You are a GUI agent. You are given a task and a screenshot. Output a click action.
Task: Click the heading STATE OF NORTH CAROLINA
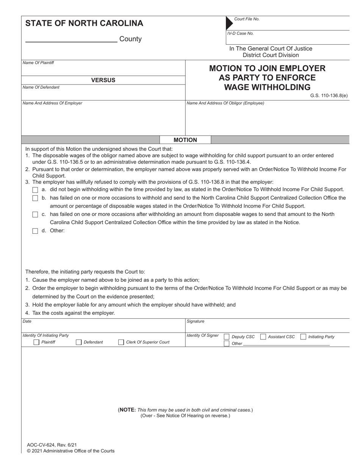[84, 23]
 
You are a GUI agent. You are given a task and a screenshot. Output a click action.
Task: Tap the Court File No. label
[247, 19]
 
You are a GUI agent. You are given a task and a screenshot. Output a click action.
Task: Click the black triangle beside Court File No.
[229, 23]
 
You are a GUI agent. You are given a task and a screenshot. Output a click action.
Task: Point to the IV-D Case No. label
[240, 33]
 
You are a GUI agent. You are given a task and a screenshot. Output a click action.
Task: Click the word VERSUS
[103, 80]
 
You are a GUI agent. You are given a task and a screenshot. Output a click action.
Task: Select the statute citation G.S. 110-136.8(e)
[329, 95]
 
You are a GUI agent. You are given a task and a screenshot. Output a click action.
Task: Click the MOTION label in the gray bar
[185, 140]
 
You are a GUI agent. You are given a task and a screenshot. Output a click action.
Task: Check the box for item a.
[35, 190]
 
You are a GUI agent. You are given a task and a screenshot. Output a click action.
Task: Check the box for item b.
[35, 198]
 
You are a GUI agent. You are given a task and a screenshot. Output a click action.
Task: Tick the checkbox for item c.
[35, 214]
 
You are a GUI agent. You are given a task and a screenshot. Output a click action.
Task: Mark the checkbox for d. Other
[35, 231]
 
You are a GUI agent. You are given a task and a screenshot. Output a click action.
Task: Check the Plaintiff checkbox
[36, 342]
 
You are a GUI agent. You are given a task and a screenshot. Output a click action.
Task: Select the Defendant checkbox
[79, 342]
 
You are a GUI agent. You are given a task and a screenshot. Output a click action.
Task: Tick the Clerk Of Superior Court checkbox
[121, 342]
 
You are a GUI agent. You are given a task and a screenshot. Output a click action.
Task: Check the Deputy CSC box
[227, 336]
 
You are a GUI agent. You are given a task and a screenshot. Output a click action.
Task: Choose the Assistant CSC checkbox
[263, 336]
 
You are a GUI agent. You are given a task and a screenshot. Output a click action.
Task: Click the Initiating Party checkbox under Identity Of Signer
[303, 336]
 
